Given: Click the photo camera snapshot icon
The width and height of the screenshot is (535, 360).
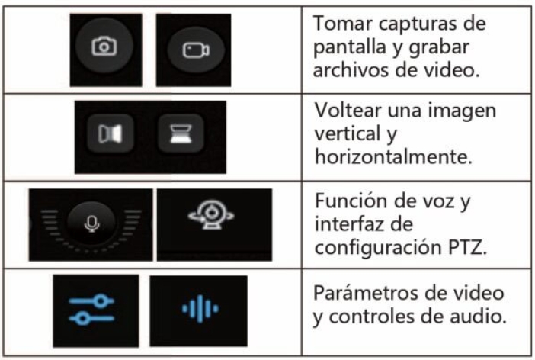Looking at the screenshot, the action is [x=104, y=46].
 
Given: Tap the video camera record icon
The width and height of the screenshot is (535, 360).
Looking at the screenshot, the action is [x=196, y=50].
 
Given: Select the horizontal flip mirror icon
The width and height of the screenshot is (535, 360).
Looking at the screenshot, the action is [x=110, y=133].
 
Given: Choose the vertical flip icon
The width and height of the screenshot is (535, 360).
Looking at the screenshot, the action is [x=181, y=133].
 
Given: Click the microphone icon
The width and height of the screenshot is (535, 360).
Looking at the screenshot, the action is [x=91, y=223].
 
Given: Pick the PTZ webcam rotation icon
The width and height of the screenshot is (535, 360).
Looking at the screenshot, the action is [x=211, y=214].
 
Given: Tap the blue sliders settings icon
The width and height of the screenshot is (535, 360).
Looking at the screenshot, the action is [x=91, y=310].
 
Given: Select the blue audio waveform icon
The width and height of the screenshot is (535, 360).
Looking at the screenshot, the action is [x=200, y=309].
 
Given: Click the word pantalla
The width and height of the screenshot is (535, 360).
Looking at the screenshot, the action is [x=350, y=47].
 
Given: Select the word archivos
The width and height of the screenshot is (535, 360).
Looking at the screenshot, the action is [x=351, y=69].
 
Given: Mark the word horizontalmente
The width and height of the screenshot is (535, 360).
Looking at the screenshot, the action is [x=393, y=157].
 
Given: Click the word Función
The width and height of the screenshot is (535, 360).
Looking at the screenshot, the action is [x=350, y=200].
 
